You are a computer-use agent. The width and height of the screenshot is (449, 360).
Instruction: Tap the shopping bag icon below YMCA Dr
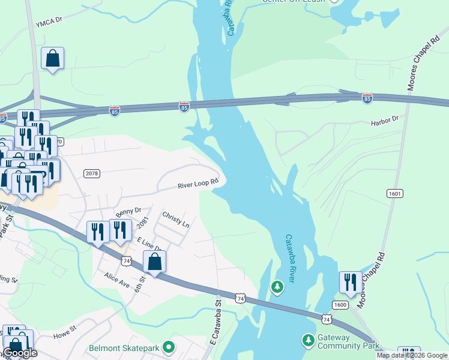point(53,59)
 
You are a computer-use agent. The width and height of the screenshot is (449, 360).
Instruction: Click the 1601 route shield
point(394,194)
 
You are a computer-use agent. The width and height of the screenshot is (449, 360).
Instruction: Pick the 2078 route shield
point(92,173)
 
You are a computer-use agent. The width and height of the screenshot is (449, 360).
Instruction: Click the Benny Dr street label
point(128,211)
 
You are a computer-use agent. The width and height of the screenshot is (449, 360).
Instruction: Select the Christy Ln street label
point(176,219)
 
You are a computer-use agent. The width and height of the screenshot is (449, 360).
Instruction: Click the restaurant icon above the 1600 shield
point(351,282)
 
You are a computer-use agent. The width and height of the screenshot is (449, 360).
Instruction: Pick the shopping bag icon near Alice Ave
point(155,262)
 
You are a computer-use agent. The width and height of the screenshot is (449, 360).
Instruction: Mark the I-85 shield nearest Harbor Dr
point(367,98)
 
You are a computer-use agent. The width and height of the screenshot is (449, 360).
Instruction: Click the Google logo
point(21,353)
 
